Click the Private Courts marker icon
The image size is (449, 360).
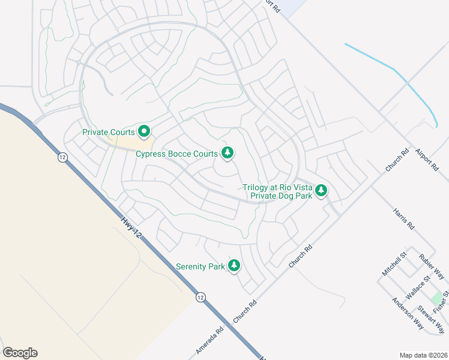[x=144, y=131]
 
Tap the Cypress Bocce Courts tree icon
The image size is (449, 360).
[x=227, y=154]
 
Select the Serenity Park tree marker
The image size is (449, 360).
[x=234, y=266]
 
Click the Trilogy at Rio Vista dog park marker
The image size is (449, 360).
[x=321, y=191]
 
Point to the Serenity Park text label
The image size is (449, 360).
[x=200, y=266]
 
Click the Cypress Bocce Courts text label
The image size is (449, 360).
[x=176, y=154]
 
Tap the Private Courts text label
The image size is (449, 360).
[x=109, y=131]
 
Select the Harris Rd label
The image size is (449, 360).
[x=403, y=220]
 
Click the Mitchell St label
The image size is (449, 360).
[x=394, y=264]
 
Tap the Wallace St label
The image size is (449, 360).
[x=418, y=287]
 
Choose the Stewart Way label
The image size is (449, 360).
[x=432, y=319]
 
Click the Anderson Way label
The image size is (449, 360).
[x=408, y=314]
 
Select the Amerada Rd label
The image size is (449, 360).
[x=209, y=341]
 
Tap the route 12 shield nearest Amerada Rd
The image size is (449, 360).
[x=200, y=297]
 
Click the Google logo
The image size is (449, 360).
[x=20, y=353]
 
